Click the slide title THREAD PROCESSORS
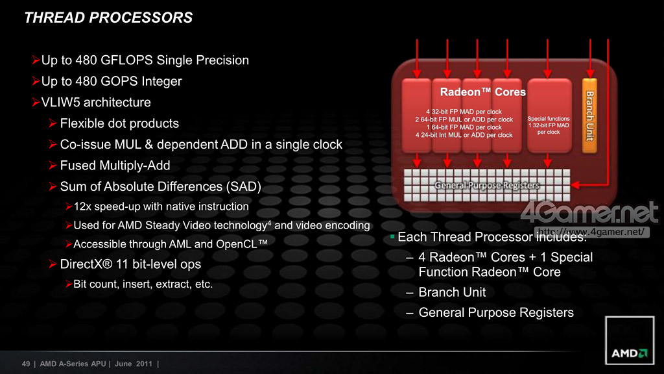(108, 18)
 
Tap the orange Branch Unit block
(589, 116)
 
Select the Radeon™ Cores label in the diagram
(482, 92)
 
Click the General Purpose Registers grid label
(487, 185)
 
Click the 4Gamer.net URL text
(592, 232)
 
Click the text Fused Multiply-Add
(115, 166)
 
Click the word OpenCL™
(242, 244)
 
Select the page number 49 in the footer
(26, 364)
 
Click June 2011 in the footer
(134, 364)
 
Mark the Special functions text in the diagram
(549, 119)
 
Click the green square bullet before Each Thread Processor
(392, 236)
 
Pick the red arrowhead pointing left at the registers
(576, 185)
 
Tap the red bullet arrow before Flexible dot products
(53, 123)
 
